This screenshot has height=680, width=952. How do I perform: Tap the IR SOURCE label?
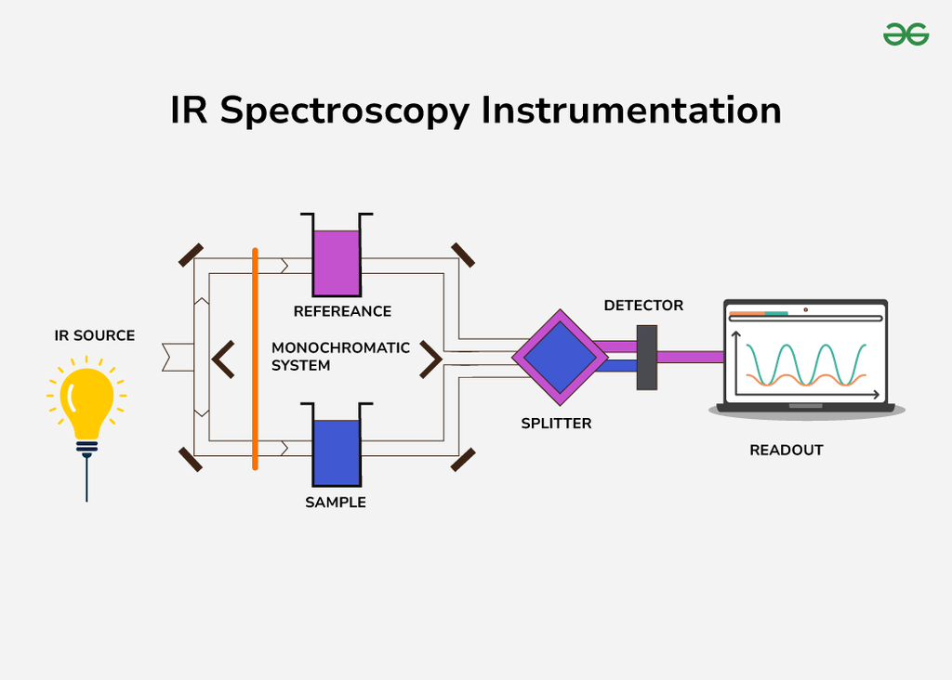[x=95, y=335]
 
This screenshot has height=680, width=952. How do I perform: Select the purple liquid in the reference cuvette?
[x=337, y=263]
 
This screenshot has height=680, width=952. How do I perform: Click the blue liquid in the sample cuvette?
[x=337, y=452]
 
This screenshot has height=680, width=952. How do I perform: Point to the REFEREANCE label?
[x=342, y=311]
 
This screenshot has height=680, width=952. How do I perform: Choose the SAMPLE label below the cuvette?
[x=336, y=503]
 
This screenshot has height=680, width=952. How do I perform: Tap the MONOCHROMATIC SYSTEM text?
[x=340, y=357]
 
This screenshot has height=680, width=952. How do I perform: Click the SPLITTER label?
[x=556, y=424]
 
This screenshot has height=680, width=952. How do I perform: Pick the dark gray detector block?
[x=647, y=358]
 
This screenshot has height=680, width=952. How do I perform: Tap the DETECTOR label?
[x=643, y=306]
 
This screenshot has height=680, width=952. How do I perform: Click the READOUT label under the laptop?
[x=787, y=451]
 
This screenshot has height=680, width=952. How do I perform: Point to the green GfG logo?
[x=906, y=34]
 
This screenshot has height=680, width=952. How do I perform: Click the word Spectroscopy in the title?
[x=345, y=111]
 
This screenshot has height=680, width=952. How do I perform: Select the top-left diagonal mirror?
[x=192, y=255]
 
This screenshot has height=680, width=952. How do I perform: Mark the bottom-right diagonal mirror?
[x=462, y=459]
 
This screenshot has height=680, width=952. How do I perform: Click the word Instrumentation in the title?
[x=631, y=111]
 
